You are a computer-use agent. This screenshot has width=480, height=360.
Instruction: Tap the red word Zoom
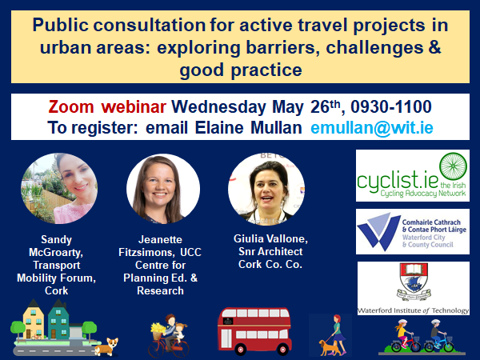click(75, 106)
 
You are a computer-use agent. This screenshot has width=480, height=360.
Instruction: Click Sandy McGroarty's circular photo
click(55, 189)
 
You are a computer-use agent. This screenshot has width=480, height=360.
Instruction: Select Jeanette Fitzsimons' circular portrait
click(163, 189)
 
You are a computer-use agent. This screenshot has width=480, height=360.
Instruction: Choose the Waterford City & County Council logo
click(412, 233)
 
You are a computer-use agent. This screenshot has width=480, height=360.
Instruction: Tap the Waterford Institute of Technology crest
click(412, 284)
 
